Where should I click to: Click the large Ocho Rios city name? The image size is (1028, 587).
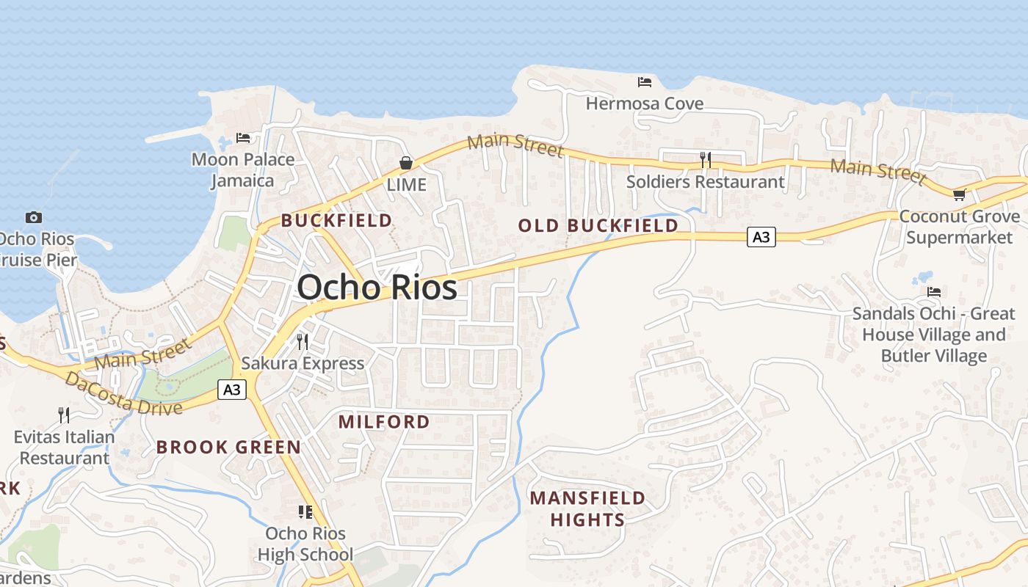tap(377, 287)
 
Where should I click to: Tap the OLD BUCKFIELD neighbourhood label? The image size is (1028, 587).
tap(598, 225)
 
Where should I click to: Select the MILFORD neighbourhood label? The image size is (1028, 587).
tap(384, 421)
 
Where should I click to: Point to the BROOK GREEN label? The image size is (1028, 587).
tap(228, 447)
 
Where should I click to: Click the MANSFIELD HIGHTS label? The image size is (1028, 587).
tap(587, 508)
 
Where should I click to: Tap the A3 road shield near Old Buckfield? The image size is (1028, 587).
tap(761, 237)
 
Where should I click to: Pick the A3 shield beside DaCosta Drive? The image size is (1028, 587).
tap(231, 390)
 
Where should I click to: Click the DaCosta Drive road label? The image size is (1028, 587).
tap(123, 395)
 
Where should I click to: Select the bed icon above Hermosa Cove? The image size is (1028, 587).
tap(645, 81)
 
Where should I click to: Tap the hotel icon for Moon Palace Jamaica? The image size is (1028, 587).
tap(243, 137)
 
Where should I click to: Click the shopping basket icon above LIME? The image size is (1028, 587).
tap(406, 162)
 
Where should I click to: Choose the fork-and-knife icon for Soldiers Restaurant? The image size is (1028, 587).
tap(706, 159)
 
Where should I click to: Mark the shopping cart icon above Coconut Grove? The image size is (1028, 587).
tap(959, 194)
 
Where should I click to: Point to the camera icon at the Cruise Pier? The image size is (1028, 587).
tap(33, 217)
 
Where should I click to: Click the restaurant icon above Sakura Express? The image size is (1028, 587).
tap(302, 341)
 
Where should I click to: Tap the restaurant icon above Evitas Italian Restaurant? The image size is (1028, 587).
tap(64, 415)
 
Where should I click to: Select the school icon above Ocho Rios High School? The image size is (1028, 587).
tap(305, 511)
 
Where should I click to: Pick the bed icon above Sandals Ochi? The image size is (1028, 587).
tap(933, 292)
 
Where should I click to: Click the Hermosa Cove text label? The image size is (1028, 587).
tap(645, 104)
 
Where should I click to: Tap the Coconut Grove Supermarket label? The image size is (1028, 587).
tap(959, 227)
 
